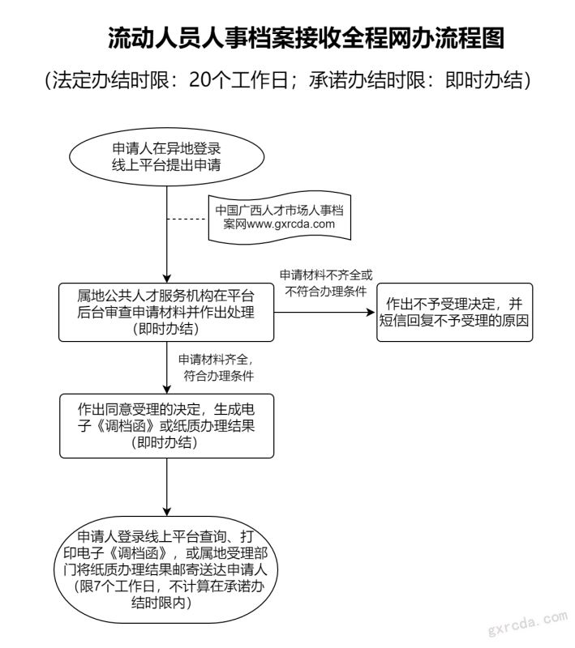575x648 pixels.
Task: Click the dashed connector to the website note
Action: [x=187, y=219]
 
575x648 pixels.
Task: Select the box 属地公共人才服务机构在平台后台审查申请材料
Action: [x=165, y=313]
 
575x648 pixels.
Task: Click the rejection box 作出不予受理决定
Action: [x=453, y=313]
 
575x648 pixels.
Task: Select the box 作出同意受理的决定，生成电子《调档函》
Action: [x=165, y=425]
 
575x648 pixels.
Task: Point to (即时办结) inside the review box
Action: [x=165, y=330]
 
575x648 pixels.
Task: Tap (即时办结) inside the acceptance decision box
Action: [x=165, y=442]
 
